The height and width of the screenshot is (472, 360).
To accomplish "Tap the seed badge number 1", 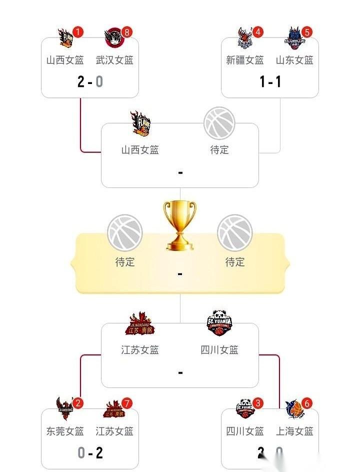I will pyautogui.click(x=78, y=32).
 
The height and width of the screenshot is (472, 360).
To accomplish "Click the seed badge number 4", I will pyautogui.click(x=258, y=32).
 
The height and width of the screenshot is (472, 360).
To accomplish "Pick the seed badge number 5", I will pyautogui.click(x=307, y=32).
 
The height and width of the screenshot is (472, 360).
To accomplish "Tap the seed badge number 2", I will pyautogui.click(x=78, y=403).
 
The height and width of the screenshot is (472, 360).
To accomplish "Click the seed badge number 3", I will pyautogui.click(x=258, y=403).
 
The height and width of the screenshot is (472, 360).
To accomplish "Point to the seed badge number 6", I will pyautogui.click(x=307, y=403).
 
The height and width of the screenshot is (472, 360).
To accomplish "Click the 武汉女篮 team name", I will pyautogui.click(x=114, y=60).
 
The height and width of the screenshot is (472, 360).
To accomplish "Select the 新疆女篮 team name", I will pyautogui.click(x=245, y=60).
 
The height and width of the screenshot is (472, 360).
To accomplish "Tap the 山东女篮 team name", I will pyautogui.click(x=294, y=60).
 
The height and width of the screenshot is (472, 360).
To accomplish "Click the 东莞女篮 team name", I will pyautogui.click(x=65, y=431).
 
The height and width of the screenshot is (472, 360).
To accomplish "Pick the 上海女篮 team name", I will pyautogui.click(x=294, y=431).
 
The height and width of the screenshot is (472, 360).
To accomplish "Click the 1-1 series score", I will pyautogui.click(x=270, y=81).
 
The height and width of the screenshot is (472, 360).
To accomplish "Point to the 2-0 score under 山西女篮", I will pyautogui.click(x=90, y=81).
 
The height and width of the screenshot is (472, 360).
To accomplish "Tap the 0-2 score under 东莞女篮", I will pyautogui.click(x=90, y=452).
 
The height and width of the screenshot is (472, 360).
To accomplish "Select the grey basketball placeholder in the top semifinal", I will pyautogui.click(x=219, y=123).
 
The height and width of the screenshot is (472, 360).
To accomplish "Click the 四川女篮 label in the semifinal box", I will pyautogui.click(x=219, y=350).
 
